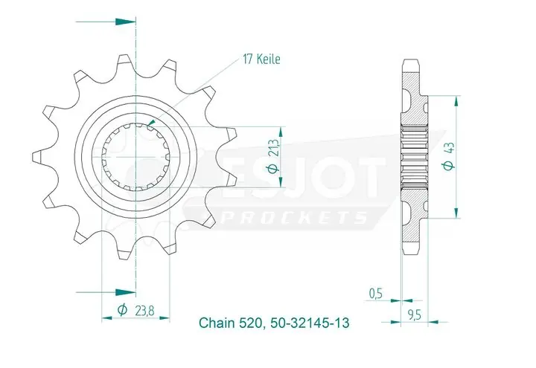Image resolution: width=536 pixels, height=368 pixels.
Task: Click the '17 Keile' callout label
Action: click(260, 59)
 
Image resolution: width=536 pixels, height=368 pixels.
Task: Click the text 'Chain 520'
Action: click(227, 323)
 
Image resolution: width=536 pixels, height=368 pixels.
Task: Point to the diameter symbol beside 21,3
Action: click(274, 169)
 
